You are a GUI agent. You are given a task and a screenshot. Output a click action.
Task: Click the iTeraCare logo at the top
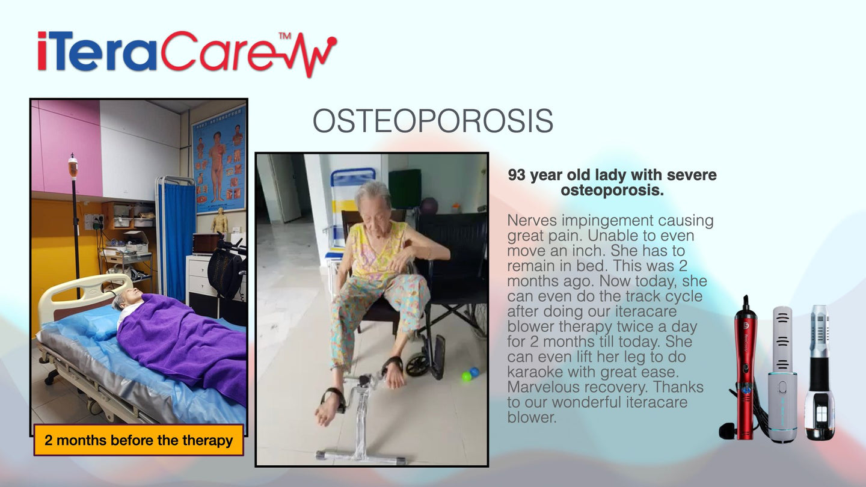187,54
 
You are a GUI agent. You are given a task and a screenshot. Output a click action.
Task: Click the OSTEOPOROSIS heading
433,121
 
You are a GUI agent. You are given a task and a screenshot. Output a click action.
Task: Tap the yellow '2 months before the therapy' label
138,440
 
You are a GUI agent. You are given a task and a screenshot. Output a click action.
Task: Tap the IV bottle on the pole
73,167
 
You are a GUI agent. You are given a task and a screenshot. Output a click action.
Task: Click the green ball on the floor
467,376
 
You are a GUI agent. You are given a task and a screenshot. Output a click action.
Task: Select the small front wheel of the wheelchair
416,365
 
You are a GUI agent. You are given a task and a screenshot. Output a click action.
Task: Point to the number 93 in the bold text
517,175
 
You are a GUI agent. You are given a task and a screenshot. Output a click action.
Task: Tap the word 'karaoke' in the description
534,372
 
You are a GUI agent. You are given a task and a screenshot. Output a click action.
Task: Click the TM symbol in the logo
285,36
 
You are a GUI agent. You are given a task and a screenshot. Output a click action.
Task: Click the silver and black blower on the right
820,372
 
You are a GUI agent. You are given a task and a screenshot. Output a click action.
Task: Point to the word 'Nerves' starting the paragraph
532,221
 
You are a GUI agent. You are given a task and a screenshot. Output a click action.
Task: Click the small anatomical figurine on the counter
220,220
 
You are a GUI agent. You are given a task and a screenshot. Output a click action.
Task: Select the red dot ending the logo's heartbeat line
332,41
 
